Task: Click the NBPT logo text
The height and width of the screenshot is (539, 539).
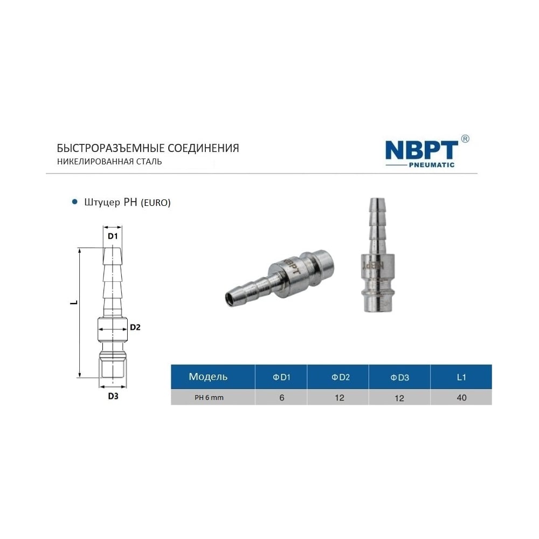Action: [421, 150]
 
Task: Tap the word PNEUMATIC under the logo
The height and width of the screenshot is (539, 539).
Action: [431, 165]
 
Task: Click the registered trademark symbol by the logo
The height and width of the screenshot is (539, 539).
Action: [465, 139]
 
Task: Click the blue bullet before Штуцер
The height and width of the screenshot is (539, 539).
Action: [74, 202]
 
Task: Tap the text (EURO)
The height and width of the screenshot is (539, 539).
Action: [156, 203]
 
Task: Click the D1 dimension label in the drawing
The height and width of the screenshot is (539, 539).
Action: [113, 236]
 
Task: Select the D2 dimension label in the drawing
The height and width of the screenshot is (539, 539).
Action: [135, 327]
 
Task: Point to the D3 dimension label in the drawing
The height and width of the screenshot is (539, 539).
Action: [113, 396]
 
